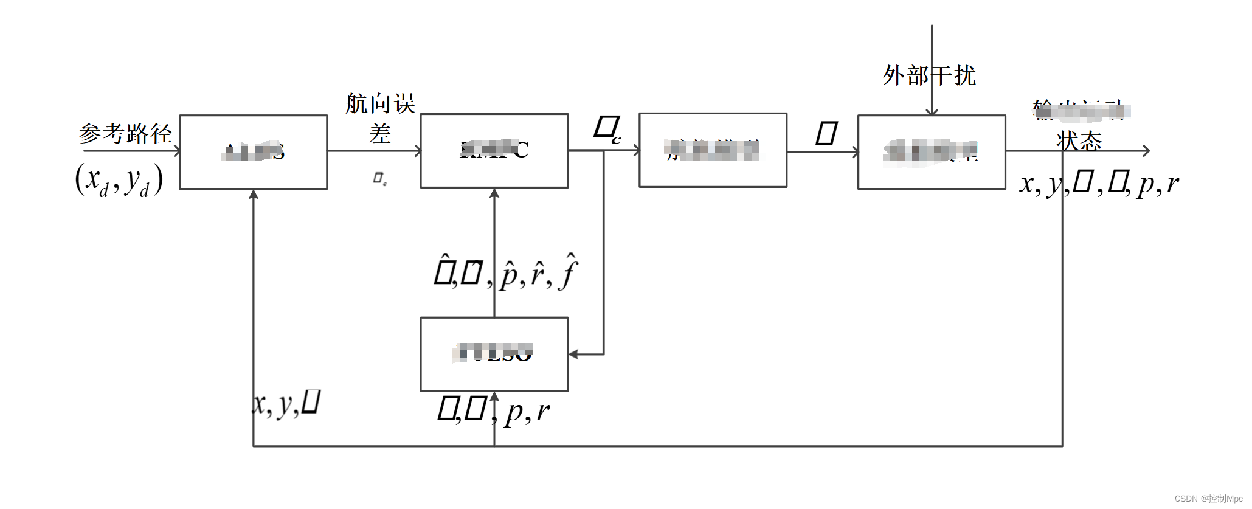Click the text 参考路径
click(x=125, y=133)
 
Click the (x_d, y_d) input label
click(x=119, y=181)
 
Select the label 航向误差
click(x=380, y=118)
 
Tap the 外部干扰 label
click(x=929, y=76)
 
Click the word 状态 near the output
click(x=1079, y=141)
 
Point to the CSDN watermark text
click(x=1208, y=499)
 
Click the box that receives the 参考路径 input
click(x=254, y=152)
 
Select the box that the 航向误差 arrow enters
click(x=494, y=151)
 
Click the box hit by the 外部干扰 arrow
click(x=932, y=152)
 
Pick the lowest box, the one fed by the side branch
click(x=494, y=354)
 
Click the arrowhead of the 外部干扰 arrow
click(x=932, y=111)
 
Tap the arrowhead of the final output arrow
click(x=1146, y=151)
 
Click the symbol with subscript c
click(x=607, y=130)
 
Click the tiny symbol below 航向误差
click(x=379, y=178)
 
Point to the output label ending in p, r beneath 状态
click(x=1099, y=183)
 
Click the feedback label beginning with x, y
click(x=286, y=404)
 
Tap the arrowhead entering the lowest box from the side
click(x=573, y=354)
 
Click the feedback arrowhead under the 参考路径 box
click(x=254, y=194)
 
